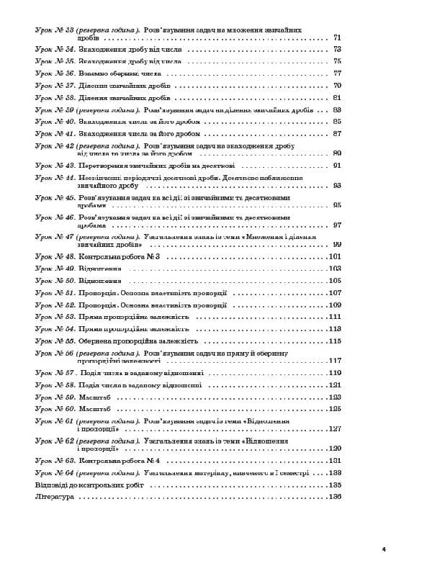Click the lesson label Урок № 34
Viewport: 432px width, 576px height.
pyautogui.click(x=55, y=49)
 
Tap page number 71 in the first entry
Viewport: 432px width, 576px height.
pyautogui.click(x=337, y=37)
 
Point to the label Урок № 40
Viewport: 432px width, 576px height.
pyautogui.click(x=55, y=122)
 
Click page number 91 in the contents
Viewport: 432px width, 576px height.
pyautogui.click(x=337, y=165)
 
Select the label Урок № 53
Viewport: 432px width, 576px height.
pyautogui.click(x=55, y=316)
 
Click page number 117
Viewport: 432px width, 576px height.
pyautogui.click(x=334, y=360)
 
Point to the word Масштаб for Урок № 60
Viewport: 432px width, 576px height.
pyautogui.click(x=94, y=408)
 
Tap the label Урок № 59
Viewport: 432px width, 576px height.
pyautogui.click(x=55, y=397)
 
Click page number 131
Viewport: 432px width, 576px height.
pyautogui.click(x=334, y=460)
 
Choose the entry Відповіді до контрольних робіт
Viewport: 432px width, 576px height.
pyautogui.click(x=89, y=485)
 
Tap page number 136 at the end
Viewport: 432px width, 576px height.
pyautogui.click(x=334, y=498)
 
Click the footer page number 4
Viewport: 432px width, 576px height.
pyautogui.click(x=384, y=549)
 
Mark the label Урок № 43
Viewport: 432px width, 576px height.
pyautogui.click(x=55, y=165)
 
